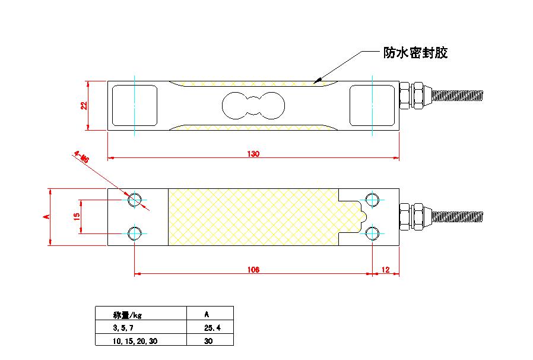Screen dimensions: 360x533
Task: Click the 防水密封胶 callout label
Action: [415, 53]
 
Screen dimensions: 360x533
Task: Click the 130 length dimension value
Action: [253, 154]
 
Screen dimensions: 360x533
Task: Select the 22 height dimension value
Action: [84, 105]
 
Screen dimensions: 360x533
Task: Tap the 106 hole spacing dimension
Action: [253, 269]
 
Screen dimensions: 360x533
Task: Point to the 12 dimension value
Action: [386, 269]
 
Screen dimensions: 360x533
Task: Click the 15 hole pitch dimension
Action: [77, 216]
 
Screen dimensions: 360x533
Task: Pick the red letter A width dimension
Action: [46, 217]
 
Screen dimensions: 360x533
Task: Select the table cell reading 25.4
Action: [210, 327]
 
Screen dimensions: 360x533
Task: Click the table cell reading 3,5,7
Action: [123, 327]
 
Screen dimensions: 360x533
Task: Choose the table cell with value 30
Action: [208, 340]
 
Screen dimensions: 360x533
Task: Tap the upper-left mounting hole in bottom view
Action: [135, 199]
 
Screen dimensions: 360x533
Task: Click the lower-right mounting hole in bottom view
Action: [372, 233]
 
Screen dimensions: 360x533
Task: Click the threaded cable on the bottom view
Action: [461, 215]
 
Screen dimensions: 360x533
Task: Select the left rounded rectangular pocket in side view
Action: [135, 105]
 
